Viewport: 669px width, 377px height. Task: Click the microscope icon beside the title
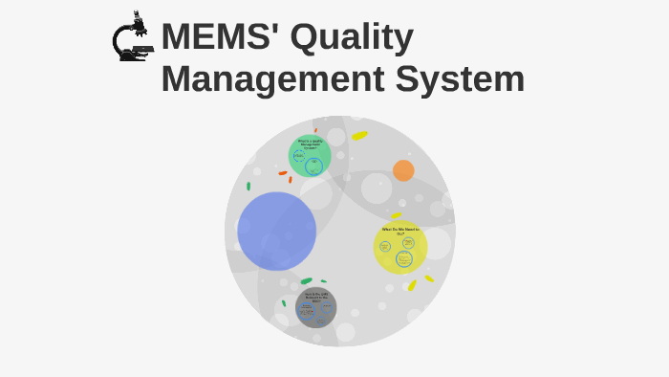tap(132, 38)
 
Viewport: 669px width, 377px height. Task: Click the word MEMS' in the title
tap(220, 37)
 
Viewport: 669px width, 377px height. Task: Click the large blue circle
tap(277, 231)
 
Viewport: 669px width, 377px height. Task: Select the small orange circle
tap(403, 170)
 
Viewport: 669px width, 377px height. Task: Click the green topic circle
tap(311, 155)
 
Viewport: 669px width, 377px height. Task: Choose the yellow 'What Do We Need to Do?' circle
tap(400, 247)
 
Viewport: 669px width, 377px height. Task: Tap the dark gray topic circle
tap(316, 307)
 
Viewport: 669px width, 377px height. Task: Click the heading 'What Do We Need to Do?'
tap(400, 231)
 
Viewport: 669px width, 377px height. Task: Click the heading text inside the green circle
tap(311, 144)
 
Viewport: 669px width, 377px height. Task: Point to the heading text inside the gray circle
tap(316, 296)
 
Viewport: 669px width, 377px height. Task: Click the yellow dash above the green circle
tap(359, 136)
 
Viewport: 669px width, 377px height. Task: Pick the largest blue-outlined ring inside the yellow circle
tap(404, 258)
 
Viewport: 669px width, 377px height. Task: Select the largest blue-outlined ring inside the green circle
tap(313, 166)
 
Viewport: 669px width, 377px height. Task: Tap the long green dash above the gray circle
tap(306, 280)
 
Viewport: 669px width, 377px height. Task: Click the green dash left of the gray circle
tap(284, 303)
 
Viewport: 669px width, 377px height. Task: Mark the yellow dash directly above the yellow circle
tap(396, 216)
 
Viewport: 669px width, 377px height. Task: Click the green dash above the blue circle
tap(248, 186)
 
